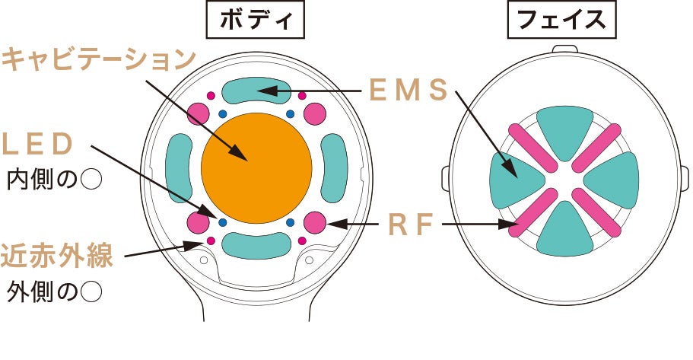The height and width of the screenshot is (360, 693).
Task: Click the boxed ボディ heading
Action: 255,21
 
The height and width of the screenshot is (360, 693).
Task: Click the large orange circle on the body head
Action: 256,169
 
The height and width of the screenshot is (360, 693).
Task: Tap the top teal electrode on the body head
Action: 256,91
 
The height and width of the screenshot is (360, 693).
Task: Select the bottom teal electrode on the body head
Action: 256,245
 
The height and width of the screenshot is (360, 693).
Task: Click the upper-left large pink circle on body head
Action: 199,113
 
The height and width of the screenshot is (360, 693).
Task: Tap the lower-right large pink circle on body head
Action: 315,223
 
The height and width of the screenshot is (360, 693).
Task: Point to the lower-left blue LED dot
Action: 223,223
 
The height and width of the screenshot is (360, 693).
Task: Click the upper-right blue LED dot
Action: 290,114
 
